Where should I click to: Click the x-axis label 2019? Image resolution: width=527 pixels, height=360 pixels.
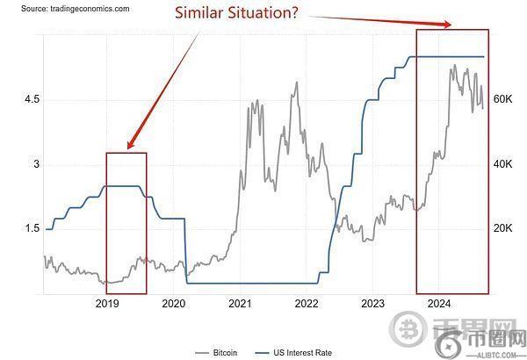[106, 304]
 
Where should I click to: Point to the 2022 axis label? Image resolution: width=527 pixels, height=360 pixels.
[307, 304]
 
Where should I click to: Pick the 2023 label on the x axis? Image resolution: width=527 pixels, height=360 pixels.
[373, 304]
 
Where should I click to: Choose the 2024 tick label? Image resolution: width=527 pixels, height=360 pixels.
[439, 304]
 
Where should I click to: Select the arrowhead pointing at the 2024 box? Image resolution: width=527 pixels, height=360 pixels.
[451, 25]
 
